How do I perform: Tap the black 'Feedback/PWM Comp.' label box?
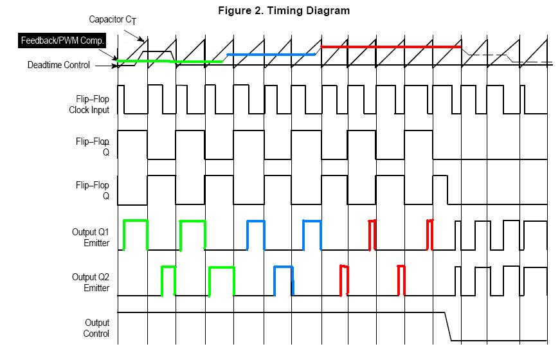pyautogui.click(x=62, y=41)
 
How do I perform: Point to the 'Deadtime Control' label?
pyautogui.click(x=59, y=65)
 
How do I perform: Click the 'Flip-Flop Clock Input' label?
pyautogui.click(x=89, y=105)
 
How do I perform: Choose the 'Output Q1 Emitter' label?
pyautogui.click(x=90, y=238)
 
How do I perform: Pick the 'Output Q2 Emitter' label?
pyautogui.click(x=90, y=283)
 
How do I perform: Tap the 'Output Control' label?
pyautogui.click(x=96, y=328)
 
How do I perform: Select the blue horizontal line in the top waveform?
pyautogui.click(x=271, y=55)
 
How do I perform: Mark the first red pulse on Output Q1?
pyautogui.click(x=372, y=235)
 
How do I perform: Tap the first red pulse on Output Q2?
pyautogui.click(x=344, y=280)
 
